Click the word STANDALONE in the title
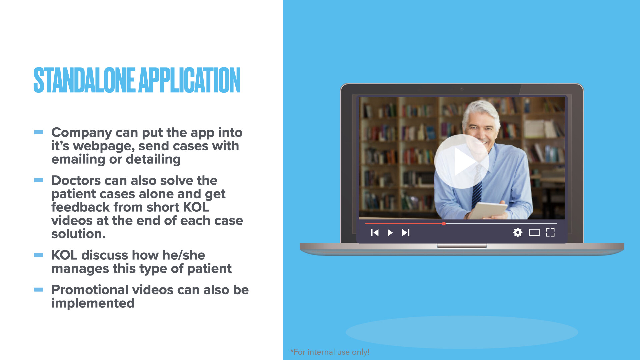coord(84,80)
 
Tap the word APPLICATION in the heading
coord(189,80)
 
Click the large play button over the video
coord(462,162)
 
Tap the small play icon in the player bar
coord(390,233)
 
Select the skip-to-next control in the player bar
coord(406,233)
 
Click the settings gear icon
coord(518,232)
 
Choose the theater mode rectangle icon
coord(534,232)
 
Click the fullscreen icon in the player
coord(550,232)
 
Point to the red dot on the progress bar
coord(444,224)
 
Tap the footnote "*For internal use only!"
coord(330,352)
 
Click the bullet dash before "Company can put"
coord(39,132)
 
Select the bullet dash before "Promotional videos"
coord(39,290)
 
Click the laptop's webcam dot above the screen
coord(462,89)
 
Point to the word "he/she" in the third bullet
coord(184,255)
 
